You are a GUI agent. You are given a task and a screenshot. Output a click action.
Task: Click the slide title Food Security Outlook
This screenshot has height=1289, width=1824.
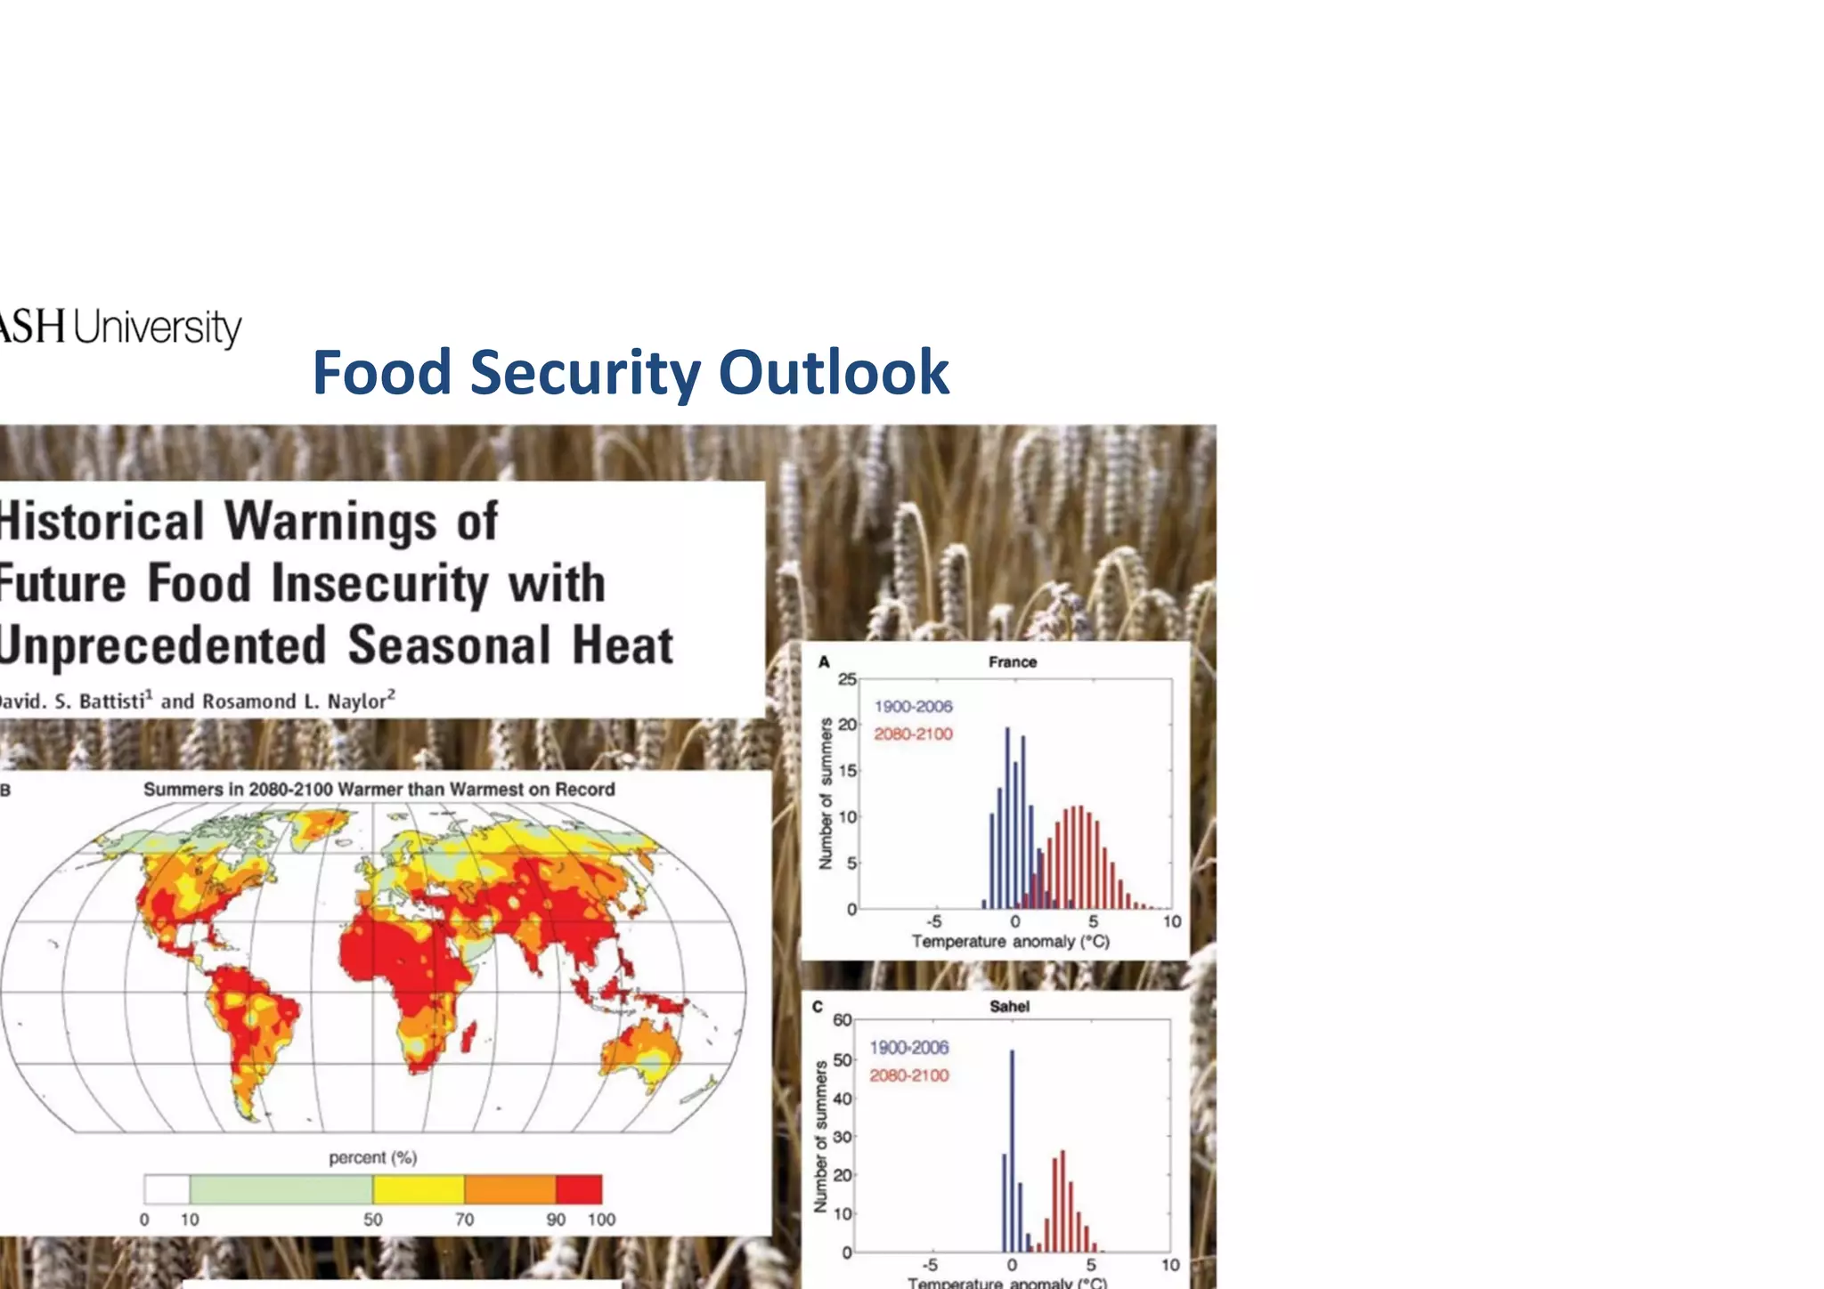coord(631,372)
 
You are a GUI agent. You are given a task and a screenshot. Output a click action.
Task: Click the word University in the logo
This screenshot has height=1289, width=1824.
coord(157,328)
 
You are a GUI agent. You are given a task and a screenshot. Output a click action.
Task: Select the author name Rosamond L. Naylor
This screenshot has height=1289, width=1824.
coord(297,701)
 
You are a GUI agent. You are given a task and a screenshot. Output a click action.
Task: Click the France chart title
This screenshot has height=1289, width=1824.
coord(1012,662)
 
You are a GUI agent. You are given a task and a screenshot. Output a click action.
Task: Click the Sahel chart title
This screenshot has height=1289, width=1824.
coord(1009,1007)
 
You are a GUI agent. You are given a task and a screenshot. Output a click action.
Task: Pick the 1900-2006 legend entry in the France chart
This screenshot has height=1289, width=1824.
coord(913,707)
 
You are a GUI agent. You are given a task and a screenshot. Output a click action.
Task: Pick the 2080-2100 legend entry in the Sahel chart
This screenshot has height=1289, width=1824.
coord(908,1075)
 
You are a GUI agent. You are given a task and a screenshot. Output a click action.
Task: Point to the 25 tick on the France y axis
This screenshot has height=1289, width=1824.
coord(846,679)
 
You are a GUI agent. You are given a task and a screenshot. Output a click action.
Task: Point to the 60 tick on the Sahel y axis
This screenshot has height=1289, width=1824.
coord(842,1020)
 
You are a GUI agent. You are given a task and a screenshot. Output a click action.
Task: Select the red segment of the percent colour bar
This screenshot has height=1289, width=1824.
coord(579,1189)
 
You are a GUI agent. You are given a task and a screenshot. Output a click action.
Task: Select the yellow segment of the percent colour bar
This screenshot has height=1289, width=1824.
coord(419,1189)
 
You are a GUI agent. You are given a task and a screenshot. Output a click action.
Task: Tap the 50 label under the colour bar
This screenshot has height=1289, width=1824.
coord(372,1220)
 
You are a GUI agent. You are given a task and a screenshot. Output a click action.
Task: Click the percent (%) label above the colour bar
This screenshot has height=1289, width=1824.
coord(372,1158)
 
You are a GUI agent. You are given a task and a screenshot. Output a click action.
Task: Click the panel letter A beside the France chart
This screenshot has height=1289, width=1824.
coord(824,662)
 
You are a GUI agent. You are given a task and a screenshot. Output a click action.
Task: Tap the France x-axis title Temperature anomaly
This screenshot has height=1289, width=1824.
coord(1010,942)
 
